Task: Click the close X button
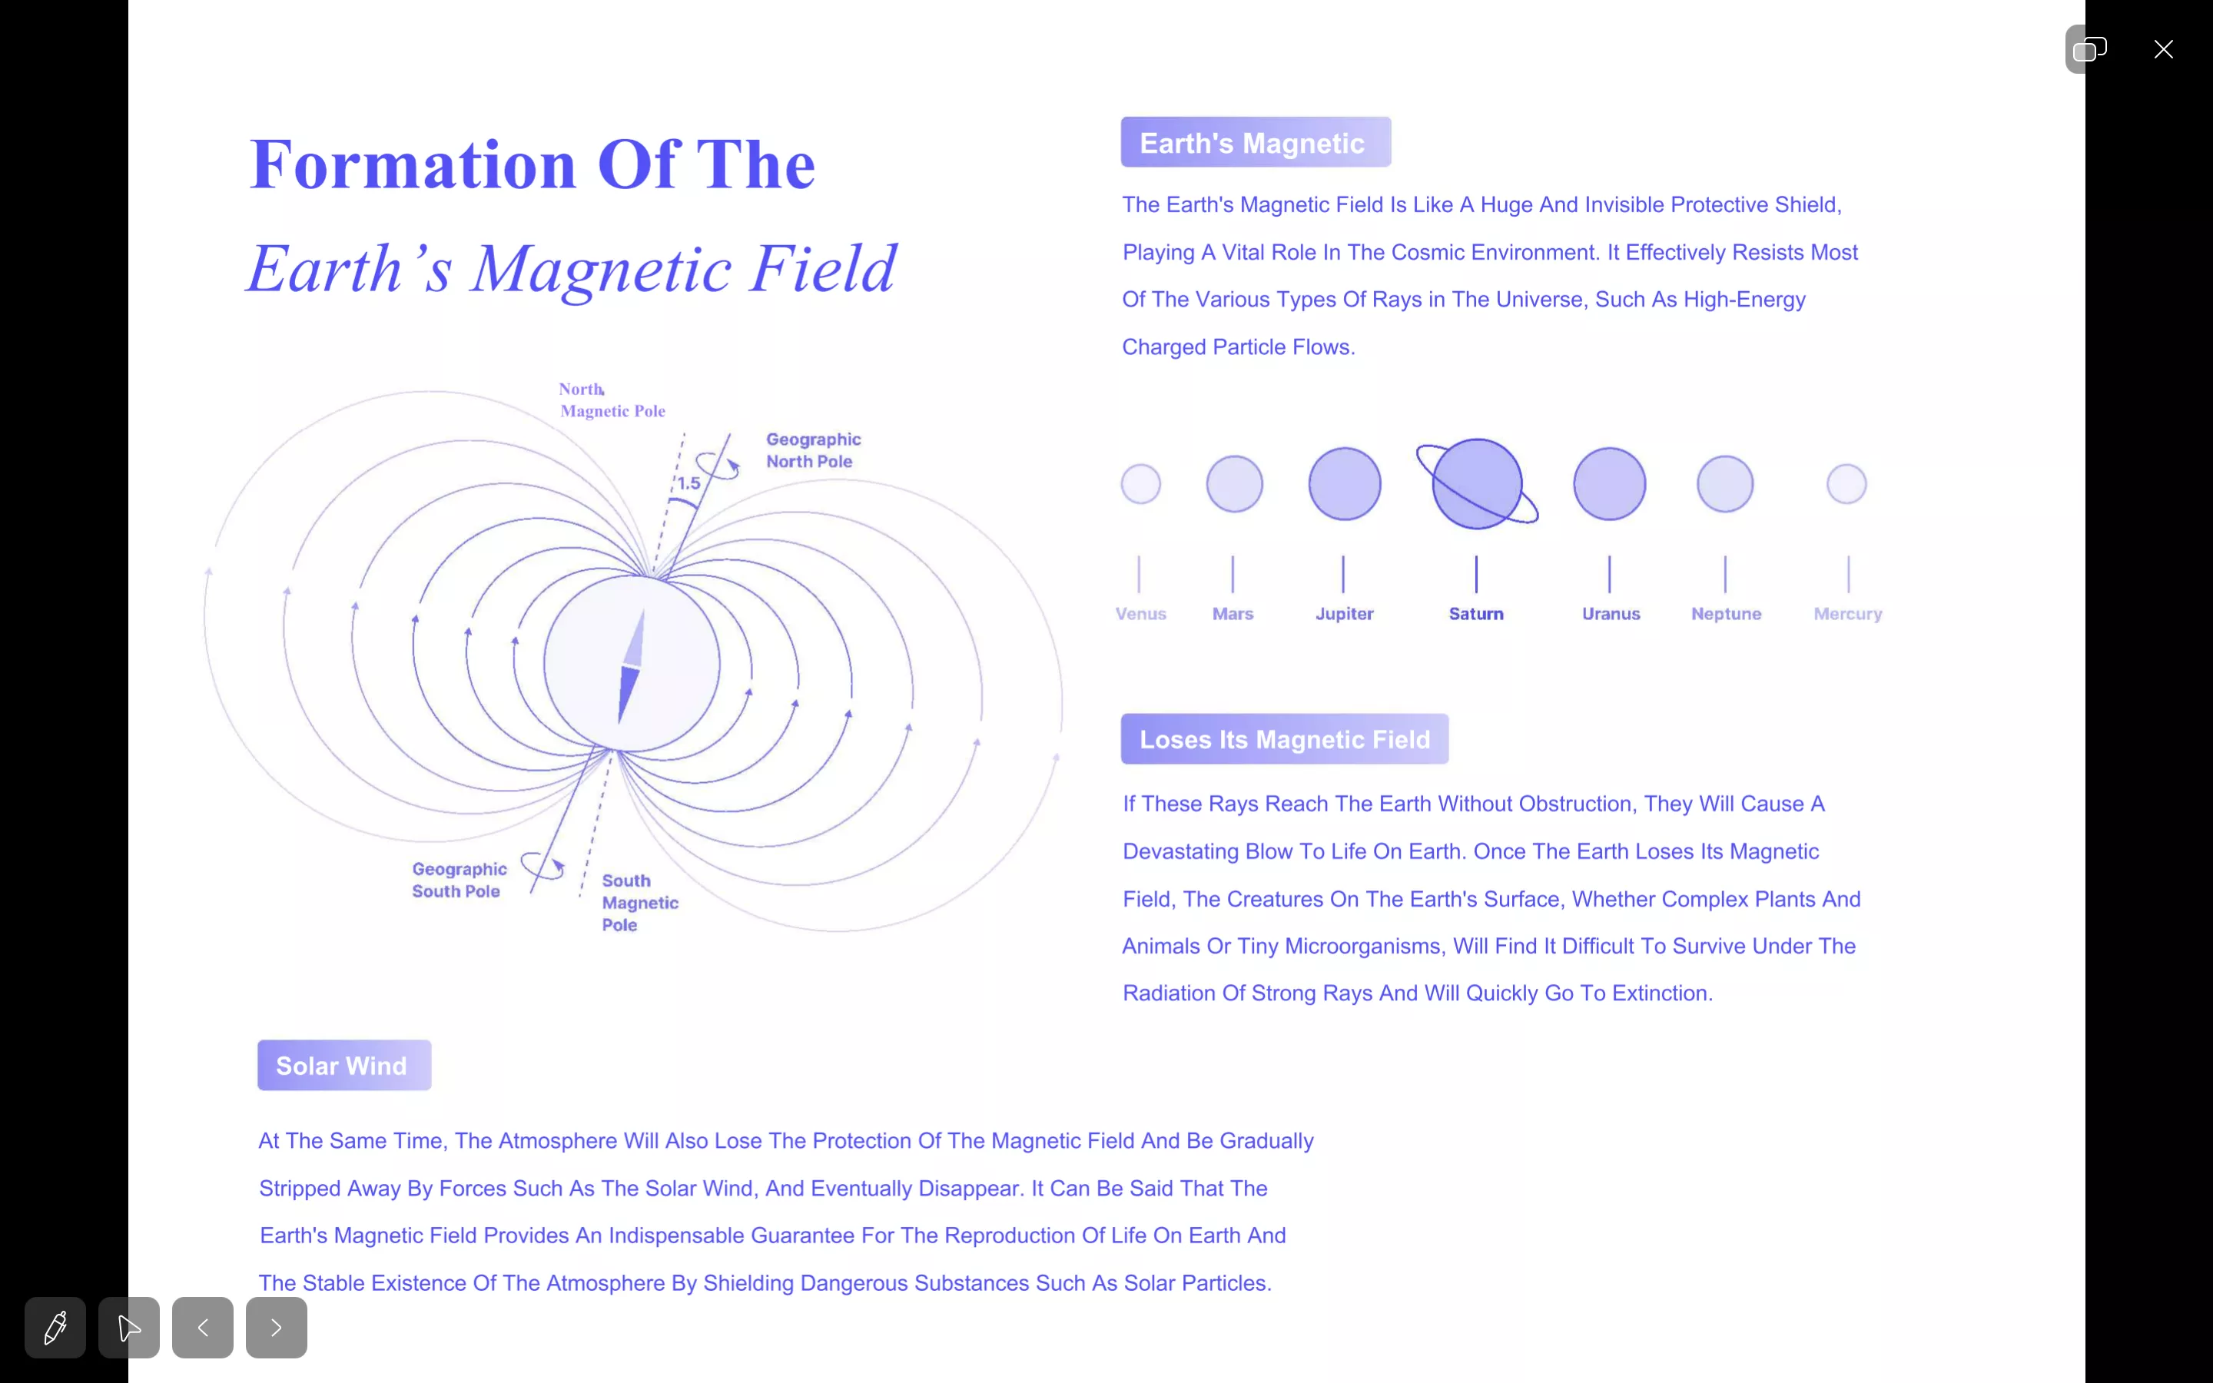click(2163, 49)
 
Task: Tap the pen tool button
click(55, 1327)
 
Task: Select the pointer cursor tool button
click(129, 1327)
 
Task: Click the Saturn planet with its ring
click(1477, 484)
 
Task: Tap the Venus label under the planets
click(1140, 614)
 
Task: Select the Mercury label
click(1848, 614)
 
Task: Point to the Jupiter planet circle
click(1344, 484)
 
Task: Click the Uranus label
click(1611, 614)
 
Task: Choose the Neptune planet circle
click(1724, 484)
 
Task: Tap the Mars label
click(1233, 614)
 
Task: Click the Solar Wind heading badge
click(343, 1065)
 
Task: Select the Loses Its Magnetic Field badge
click(1284, 739)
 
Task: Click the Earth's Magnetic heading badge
click(1256, 142)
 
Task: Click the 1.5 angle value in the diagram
click(688, 483)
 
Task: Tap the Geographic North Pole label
click(813, 450)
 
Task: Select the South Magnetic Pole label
click(639, 903)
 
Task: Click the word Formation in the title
click(413, 164)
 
